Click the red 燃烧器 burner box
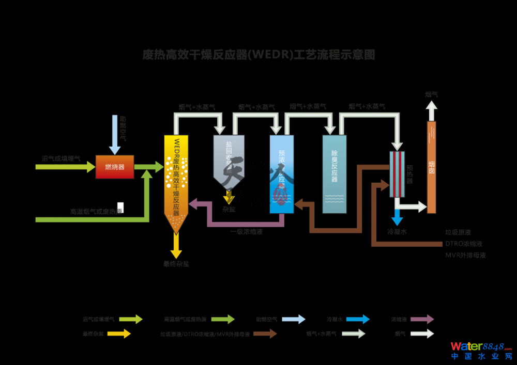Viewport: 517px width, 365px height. (x=114, y=167)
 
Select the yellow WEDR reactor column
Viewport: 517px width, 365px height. (x=176, y=176)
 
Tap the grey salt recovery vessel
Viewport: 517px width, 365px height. (x=229, y=157)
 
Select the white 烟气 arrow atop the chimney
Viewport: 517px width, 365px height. (x=431, y=110)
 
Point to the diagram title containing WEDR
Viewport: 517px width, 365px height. (x=258, y=55)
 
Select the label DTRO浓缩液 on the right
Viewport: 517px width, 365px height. (x=464, y=244)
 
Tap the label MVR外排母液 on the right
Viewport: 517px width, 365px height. (x=465, y=255)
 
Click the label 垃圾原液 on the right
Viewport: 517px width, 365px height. (x=458, y=232)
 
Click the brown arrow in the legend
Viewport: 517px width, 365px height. (x=265, y=334)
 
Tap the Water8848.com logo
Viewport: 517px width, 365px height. (x=481, y=350)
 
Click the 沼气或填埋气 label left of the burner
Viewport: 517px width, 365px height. (x=61, y=158)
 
